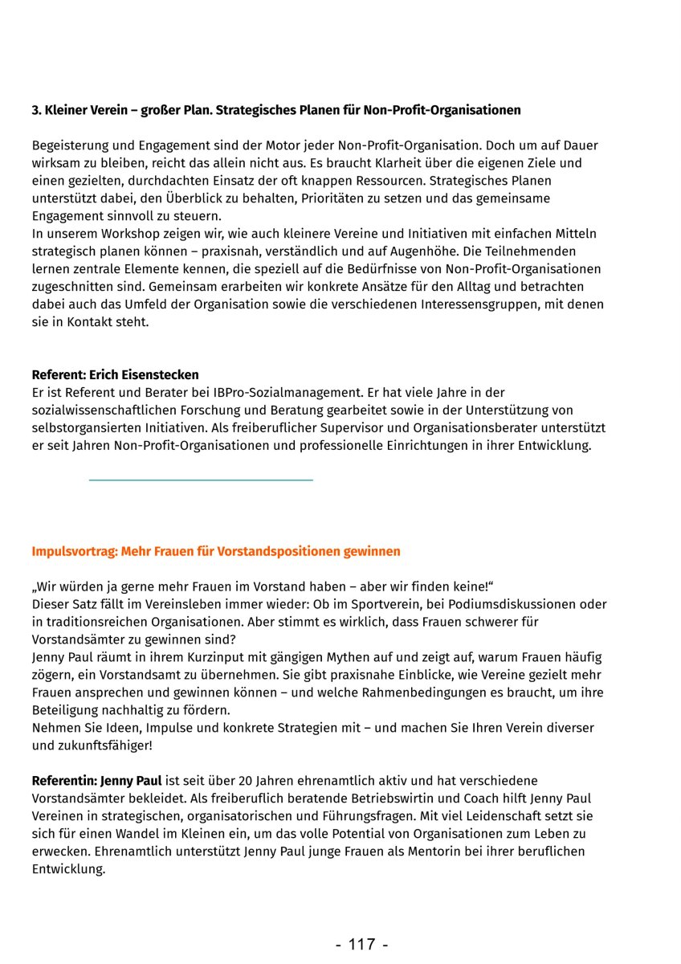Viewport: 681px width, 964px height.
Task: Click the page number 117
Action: coord(361,945)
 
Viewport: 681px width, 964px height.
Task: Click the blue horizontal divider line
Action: coord(201,480)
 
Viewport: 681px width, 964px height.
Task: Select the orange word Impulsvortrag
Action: coord(73,552)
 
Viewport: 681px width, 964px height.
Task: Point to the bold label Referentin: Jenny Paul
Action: coord(96,781)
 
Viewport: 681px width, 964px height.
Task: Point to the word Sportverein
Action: coord(339,604)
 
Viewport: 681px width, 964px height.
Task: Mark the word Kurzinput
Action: coord(200,657)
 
